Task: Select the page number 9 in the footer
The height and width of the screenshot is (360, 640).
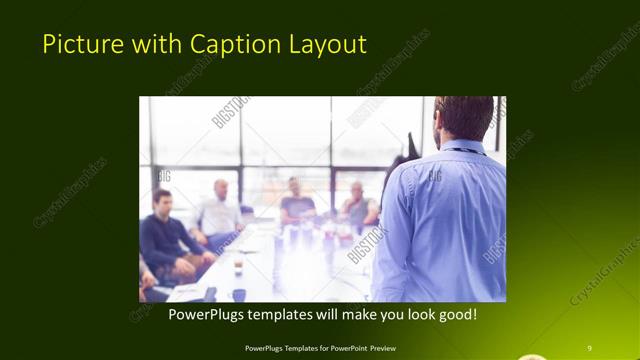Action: [590, 347]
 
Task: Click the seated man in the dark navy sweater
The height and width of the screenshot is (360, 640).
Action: [166, 240]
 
